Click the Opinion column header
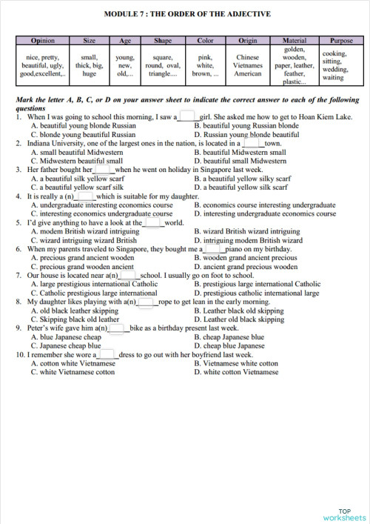pyautogui.click(x=43, y=41)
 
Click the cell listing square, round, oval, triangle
pyautogui.click(x=163, y=65)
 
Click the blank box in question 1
pyautogui.click(x=186, y=116)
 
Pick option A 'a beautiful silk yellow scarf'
pyautogui.click(x=80, y=179)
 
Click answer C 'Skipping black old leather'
pyautogui.click(x=75, y=319)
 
